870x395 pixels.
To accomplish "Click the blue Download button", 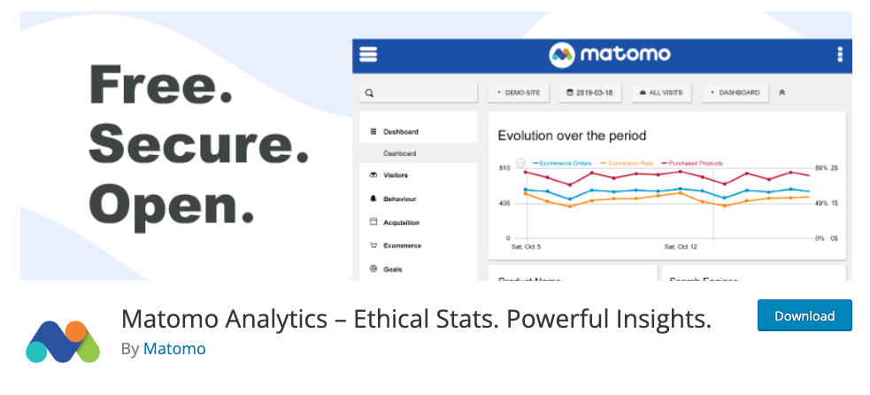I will click(x=805, y=315).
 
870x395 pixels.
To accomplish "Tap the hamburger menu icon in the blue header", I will click(x=368, y=54).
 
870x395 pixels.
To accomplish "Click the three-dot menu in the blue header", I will click(x=839, y=55).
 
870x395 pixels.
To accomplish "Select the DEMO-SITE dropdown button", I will click(x=520, y=92).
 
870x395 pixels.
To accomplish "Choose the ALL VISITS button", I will click(x=660, y=92).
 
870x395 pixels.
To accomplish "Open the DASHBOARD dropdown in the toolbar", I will click(x=735, y=92).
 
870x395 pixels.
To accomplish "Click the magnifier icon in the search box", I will click(x=369, y=92).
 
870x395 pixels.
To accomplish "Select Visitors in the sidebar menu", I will click(x=395, y=175).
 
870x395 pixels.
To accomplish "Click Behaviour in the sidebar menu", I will click(x=398, y=199).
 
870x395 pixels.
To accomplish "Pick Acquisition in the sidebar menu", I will click(x=400, y=222).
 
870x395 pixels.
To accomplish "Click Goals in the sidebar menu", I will click(x=393, y=268).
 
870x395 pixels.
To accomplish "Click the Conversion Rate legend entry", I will click(x=629, y=163).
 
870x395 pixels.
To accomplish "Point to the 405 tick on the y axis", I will click(x=504, y=203).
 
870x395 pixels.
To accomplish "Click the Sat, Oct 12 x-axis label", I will click(x=681, y=246).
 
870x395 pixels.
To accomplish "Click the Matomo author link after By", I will click(x=174, y=348).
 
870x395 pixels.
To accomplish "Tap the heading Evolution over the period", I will click(x=572, y=136).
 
